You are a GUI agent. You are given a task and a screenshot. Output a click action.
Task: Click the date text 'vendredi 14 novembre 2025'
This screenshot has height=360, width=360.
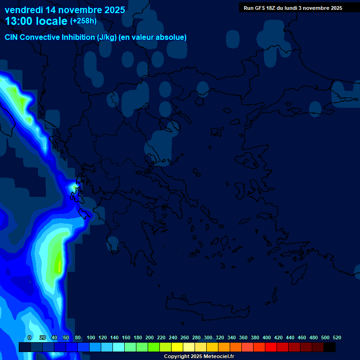click(x=65, y=10)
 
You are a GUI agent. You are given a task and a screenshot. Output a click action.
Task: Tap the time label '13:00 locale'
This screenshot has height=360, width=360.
click(x=36, y=21)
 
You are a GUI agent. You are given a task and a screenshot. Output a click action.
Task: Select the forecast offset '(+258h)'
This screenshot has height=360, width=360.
click(x=83, y=21)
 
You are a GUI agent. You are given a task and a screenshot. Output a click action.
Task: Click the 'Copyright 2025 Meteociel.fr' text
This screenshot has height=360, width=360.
click(x=199, y=357)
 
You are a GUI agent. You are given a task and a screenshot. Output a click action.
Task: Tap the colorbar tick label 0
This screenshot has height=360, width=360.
click(x=30, y=337)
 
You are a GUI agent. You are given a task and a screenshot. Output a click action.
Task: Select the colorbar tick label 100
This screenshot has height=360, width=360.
click(x=91, y=337)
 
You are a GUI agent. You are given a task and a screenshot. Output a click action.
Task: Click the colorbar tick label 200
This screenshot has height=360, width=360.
click(x=150, y=337)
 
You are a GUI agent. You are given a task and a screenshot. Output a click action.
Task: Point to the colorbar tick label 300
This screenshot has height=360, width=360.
click(x=208, y=337)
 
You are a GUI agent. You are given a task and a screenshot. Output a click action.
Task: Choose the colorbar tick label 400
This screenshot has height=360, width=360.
click(x=267, y=337)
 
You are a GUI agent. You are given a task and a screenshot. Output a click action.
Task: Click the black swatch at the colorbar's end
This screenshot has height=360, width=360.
click(x=330, y=347)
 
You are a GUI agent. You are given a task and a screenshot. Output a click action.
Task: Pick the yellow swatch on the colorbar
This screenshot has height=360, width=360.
click(x=177, y=347)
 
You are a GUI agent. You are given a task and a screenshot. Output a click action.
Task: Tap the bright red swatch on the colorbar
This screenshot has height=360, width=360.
click(x=271, y=347)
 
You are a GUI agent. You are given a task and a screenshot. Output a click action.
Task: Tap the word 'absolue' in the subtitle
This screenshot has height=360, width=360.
click(x=172, y=37)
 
